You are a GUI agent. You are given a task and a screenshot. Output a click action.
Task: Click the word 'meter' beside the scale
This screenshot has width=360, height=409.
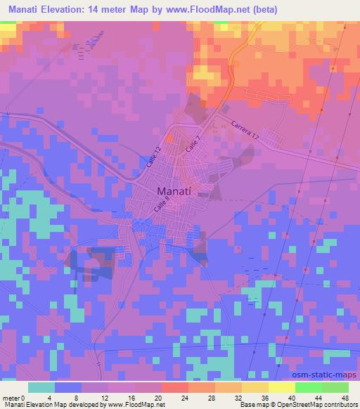coord(9,397)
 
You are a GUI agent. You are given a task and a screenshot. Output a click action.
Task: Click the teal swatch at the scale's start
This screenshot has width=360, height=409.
coord(41,387)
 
